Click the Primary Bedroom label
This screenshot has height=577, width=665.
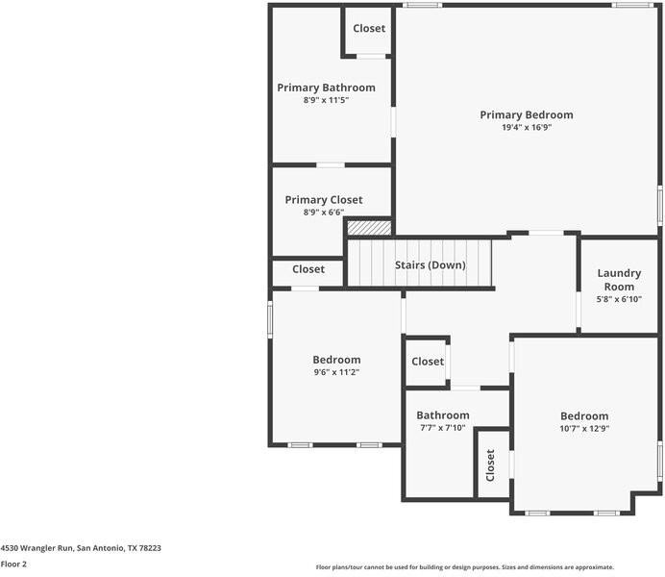point(527,115)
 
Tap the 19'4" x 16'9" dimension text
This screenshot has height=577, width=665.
point(527,127)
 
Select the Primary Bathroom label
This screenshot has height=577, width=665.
point(326,88)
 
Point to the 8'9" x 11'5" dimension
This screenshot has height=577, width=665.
point(326,100)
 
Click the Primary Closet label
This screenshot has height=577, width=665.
point(324,200)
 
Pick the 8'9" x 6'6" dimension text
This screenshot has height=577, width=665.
point(324,213)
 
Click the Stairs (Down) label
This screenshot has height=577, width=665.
point(431,265)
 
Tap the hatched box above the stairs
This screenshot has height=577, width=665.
point(369,228)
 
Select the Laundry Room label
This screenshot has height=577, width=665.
point(619,280)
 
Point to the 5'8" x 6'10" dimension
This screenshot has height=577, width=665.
point(619,299)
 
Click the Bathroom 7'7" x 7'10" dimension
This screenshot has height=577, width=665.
point(443,428)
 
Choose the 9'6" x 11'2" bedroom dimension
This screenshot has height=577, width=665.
point(336,372)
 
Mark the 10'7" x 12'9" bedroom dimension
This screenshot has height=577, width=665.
point(584,429)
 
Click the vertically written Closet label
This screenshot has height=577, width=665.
point(490,465)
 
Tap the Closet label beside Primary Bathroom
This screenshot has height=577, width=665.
point(369,29)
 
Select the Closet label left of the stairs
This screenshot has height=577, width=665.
point(308,269)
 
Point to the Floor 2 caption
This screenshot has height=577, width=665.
point(13,564)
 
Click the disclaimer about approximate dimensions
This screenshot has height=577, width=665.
point(465,567)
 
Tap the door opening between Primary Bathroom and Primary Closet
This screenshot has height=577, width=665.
point(331,165)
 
